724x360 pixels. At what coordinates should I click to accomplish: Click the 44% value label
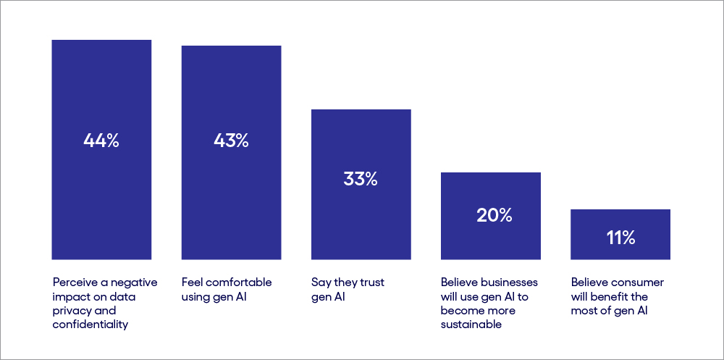(x=101, y=141)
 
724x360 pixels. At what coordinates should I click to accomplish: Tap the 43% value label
(x=231, y=141)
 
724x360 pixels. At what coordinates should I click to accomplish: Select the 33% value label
(x=361, y=179)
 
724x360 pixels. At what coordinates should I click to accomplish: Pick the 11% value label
(x=620, y=237)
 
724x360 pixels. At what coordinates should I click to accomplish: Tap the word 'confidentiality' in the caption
(x=90, y=325)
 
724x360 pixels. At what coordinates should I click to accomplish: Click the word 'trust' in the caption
(x=369, y=282)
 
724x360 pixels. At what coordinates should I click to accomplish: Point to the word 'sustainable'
(x=471, y=325)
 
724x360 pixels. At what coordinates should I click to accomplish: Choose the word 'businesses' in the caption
(x=511, y=282)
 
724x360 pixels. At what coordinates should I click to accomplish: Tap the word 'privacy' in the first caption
(x=71, y=311)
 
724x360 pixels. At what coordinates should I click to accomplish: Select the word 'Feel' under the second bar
(x=192, y=282)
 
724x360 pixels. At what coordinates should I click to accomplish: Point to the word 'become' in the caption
(x=460, y=311)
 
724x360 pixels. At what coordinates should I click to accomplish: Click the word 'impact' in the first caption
(x=70, y=297)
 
